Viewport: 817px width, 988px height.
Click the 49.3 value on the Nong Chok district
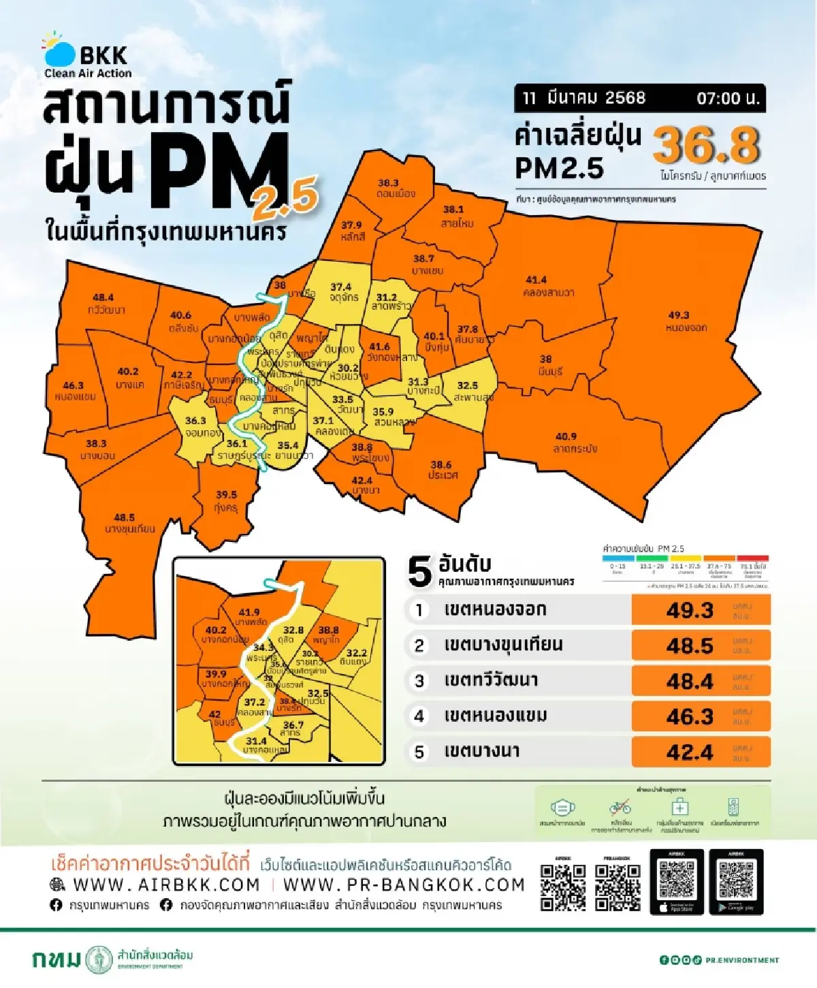[x=678, y=315]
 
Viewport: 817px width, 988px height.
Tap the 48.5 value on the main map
[x=124, y=517]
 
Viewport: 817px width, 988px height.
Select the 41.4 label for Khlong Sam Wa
[x=536, y=280]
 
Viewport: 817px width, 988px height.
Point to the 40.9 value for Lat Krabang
[x=566, y=436]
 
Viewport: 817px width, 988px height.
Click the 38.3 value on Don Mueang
[x=388, y=182]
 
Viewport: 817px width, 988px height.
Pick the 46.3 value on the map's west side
[x=73, y=385]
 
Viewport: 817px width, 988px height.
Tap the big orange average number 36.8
[x=706, y=145]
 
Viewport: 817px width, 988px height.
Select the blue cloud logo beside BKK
[x=59, y=52]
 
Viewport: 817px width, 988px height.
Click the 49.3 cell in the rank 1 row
[x=690, y=610]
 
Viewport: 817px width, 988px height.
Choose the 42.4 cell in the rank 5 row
[x=690, y=752]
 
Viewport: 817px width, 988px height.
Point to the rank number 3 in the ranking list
[x=419, y=681]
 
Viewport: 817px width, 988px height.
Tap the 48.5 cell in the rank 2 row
[x=690, y=646]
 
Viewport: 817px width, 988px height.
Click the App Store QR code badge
[x=677, y=882]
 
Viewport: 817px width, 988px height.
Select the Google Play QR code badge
[x=736, y=882]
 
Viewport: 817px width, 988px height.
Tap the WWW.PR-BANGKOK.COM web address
[x=404, y=885]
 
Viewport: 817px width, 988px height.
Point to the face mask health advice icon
[x=562, y=808]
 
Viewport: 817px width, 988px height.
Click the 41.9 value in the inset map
[x=249, y=612]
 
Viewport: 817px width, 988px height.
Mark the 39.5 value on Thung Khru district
[x=227, y=495]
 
